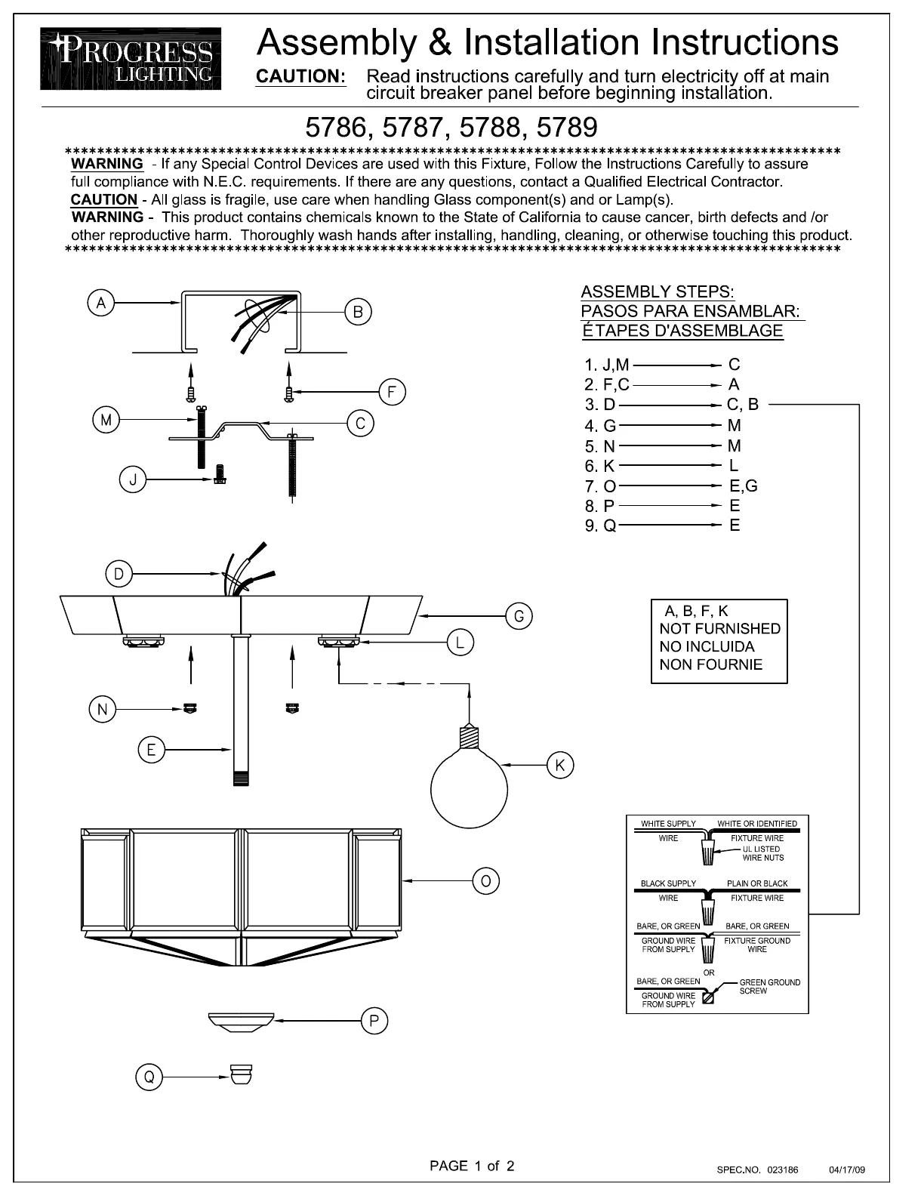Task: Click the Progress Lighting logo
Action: tap(131, 59)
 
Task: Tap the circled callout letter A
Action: tap(100, 303)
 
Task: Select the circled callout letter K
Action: tap(559, 765)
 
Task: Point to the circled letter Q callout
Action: tap(149, 1077)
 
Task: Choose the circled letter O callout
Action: tap(486, 880)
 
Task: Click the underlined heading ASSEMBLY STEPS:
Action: tap(658, 292)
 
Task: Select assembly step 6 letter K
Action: tap(609, 466)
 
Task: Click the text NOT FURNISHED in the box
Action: tap(719, 628)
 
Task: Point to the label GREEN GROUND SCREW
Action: tap(769, 986)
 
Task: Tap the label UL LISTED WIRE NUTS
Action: tap(762, 853)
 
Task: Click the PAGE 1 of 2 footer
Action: tap(472, 1166)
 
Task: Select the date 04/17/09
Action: tap(847, 1170)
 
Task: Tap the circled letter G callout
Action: tap(519, 616)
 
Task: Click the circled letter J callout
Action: tap(132, 480)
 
